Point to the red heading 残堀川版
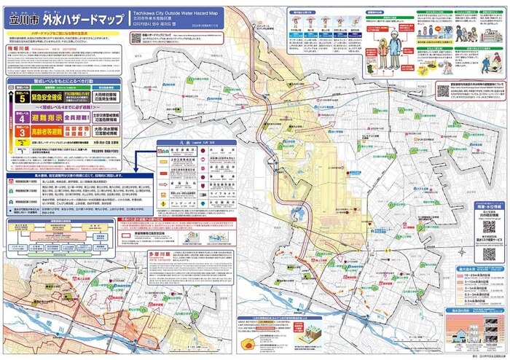21,46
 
